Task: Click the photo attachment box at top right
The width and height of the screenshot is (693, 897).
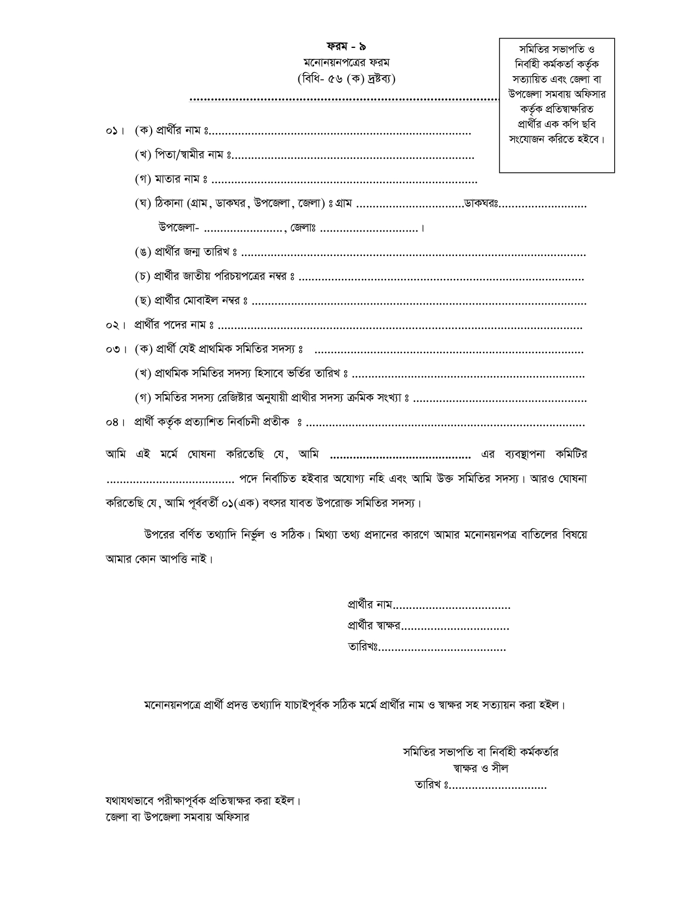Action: point(557,105)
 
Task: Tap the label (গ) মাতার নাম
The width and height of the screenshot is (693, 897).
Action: point(171,179)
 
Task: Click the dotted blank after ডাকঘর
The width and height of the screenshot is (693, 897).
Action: point(543,205)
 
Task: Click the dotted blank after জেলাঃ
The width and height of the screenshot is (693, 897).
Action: point(370,229)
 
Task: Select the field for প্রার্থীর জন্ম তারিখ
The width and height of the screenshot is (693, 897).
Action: point(413,253)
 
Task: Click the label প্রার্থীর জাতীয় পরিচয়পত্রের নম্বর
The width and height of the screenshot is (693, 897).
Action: point(215,277)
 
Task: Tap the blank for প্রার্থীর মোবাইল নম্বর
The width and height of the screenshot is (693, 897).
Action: point(419,301)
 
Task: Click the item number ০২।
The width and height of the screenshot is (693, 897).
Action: point(116,326)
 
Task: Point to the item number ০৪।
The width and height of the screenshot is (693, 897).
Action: point(116,423)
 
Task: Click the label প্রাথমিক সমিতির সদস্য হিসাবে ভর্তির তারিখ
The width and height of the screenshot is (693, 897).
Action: point(242,375)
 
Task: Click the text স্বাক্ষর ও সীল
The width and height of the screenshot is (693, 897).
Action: point(480,769)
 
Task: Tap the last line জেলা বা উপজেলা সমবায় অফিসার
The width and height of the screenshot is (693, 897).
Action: point(177,817)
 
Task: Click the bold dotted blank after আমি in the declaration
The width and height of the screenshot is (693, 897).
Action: point(401,454)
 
